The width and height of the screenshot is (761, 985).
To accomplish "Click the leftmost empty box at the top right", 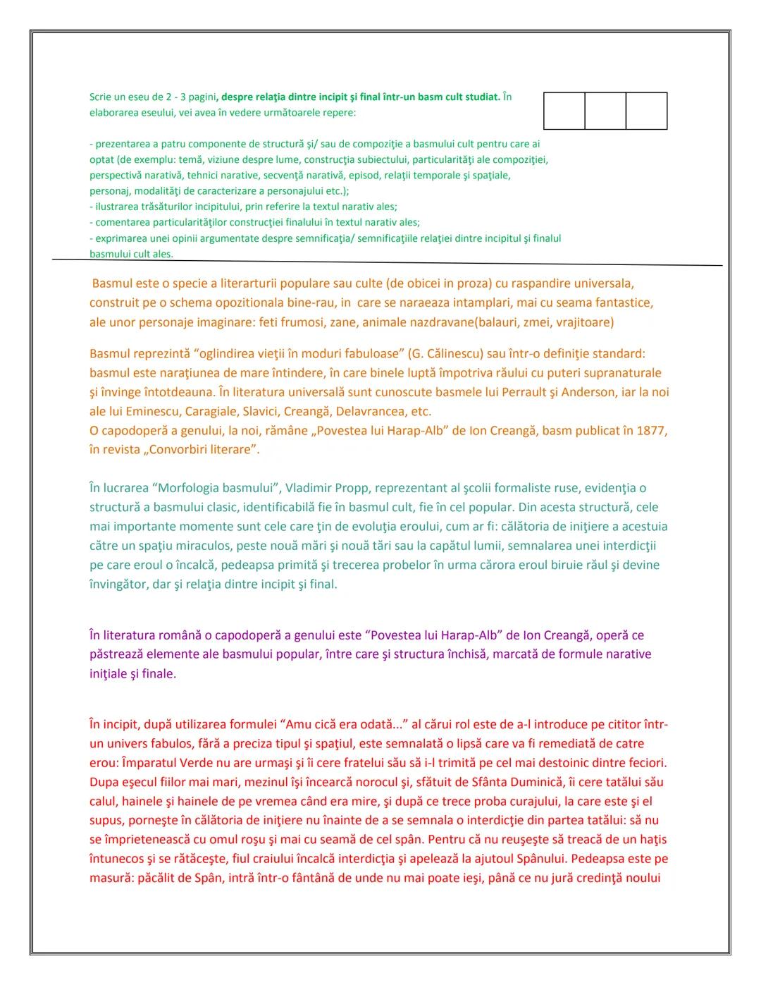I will click(x=564, y=111).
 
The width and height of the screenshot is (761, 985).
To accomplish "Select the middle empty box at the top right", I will click(x=605, y=111).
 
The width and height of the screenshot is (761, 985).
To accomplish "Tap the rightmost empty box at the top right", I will click(x=646, y=111).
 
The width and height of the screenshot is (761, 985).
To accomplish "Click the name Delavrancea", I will click(x=372, y=411).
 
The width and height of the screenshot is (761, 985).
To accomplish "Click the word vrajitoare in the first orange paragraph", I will click(x=585, y=322).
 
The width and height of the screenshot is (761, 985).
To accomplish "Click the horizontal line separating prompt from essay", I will click(x=388, y=262).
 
